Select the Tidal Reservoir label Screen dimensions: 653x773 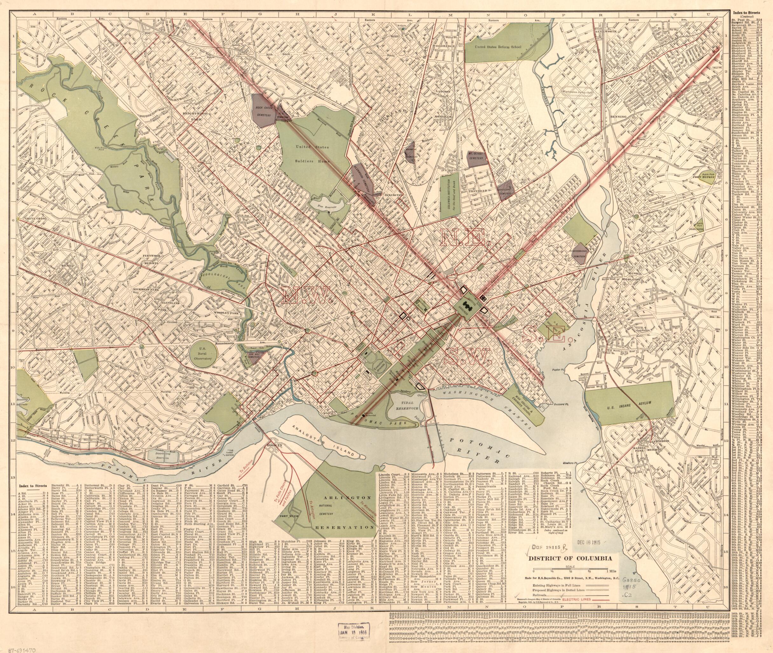405,404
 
